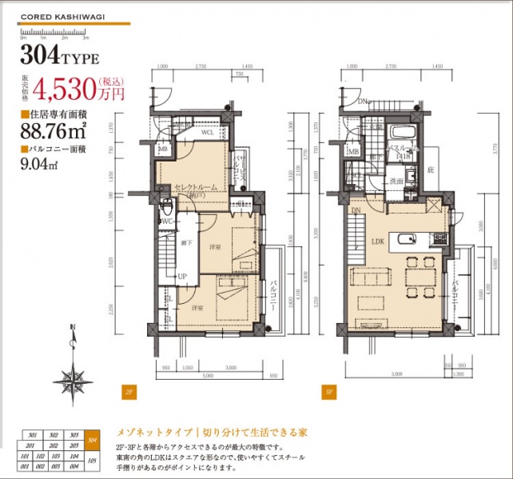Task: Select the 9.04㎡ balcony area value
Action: coord(37,166)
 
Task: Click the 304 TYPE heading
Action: coord(60,58)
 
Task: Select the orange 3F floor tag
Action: coord(328,392)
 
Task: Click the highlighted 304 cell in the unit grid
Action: coord(93,440)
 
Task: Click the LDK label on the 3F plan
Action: coord(378,238)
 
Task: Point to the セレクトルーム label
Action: coord(196,186)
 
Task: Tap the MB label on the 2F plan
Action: coord(162,149)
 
